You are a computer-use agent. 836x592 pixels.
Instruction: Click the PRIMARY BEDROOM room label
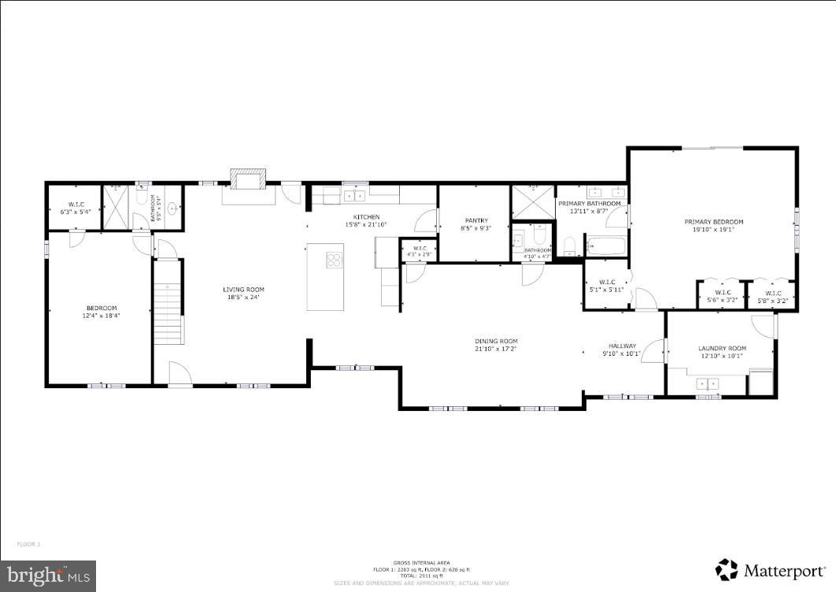(713, 222)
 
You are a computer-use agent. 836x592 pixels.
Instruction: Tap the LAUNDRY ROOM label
(722, 348)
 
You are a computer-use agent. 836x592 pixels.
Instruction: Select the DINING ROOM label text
(496, 341)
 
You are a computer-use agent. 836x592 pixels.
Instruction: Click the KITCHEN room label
(367, 216)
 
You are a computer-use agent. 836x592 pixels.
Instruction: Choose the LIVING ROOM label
(243, 289)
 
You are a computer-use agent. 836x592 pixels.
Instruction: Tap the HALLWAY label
(622, 346)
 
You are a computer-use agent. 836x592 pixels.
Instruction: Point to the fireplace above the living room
(247, 180)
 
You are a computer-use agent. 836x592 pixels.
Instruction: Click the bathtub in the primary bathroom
(605, 247)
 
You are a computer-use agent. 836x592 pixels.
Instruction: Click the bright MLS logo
(48, 575)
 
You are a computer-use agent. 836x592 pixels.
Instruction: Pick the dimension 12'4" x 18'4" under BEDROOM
(102, 315)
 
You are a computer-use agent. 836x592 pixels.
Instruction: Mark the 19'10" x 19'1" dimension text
(713, 230)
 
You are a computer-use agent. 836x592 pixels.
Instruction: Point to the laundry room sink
(708, 383)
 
